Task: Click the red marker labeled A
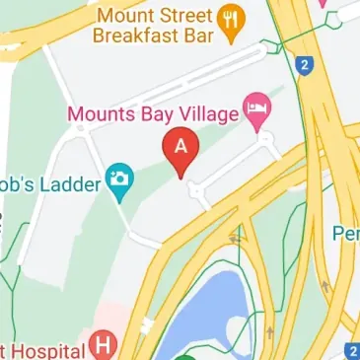pyautogui.click(x=181, y=148)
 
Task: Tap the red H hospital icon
pyautogui.click(x=103, y=346)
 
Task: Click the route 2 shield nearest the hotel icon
pyautogui.click(x=311, y=68)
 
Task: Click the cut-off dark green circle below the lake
pyautogui.click(x=178, y=355)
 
